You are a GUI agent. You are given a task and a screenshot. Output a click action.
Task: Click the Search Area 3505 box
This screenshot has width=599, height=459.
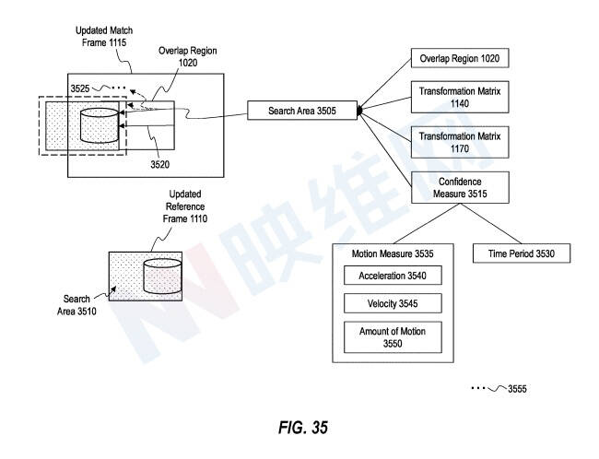pos(302,111)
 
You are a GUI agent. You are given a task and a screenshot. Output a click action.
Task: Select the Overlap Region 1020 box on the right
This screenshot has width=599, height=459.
pos(460,58)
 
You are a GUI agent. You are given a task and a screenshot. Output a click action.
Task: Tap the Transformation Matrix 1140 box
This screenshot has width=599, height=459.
pos(460,97)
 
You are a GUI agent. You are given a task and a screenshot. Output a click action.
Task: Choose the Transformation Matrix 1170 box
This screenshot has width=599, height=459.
pos(460,142)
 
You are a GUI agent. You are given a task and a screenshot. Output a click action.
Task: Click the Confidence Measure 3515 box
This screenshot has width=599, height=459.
pos(460,187)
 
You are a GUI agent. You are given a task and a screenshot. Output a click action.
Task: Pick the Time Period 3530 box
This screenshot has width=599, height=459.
pos(522,253)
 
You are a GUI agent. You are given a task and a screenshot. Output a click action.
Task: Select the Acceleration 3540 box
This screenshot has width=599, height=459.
pos(393,276)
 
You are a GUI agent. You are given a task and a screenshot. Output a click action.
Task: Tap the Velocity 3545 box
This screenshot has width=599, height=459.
pos(393,303)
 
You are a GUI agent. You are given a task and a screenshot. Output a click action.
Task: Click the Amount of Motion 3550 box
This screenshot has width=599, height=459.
pos(393,337)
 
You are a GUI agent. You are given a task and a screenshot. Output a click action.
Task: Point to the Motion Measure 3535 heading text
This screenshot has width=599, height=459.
pos(393,253)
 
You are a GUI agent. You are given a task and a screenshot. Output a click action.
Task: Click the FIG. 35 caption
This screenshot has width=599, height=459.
pos(303,428)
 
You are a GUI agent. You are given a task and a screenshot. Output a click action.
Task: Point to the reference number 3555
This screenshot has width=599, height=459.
pos(517,389)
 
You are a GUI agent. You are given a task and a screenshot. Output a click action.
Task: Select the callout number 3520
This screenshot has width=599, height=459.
pos(159,164)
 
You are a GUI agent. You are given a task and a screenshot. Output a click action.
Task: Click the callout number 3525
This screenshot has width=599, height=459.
pos(80,88)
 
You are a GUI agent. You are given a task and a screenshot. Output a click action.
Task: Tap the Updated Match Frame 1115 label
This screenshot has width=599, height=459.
pos(104,36)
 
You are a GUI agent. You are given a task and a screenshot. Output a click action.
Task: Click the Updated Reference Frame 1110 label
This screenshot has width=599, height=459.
pos(185,206)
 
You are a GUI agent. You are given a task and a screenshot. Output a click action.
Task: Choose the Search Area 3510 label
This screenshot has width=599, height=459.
pos(76,305)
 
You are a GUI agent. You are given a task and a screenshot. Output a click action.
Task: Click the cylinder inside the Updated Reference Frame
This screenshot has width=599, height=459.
pos(162,276)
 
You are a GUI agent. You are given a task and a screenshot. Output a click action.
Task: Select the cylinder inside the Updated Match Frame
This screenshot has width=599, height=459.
pos(100,125)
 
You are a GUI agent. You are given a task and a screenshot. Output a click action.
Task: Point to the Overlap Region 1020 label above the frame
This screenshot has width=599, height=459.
pos(188,56)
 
